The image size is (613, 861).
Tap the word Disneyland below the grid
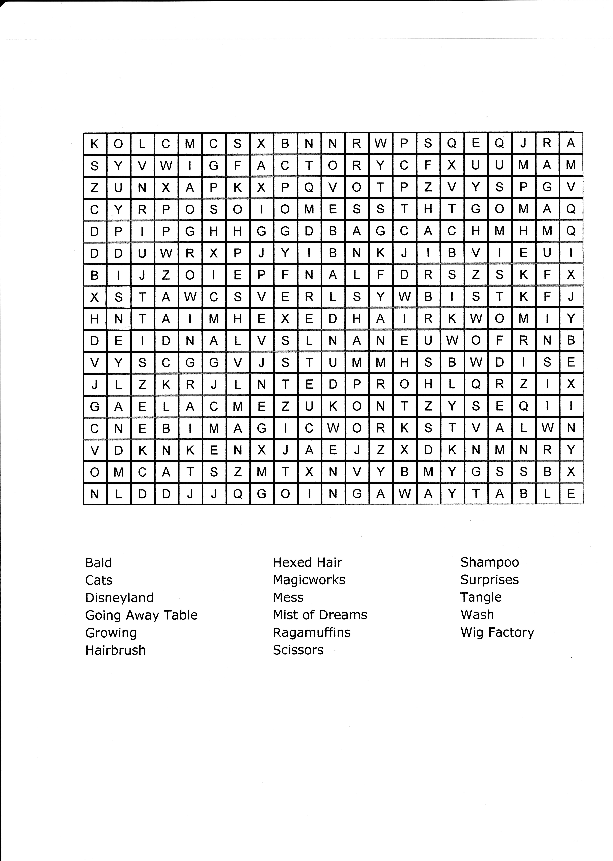[119, 598]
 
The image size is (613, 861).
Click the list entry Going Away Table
[141, 615]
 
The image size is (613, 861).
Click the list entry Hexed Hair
[307, 562]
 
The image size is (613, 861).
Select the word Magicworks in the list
[309, 580]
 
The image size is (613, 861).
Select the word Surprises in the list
[489, 580]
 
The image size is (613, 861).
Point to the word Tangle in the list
[480, 597]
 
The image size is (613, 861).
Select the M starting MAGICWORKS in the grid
[214, 428]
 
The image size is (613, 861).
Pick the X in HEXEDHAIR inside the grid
[285, 319]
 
